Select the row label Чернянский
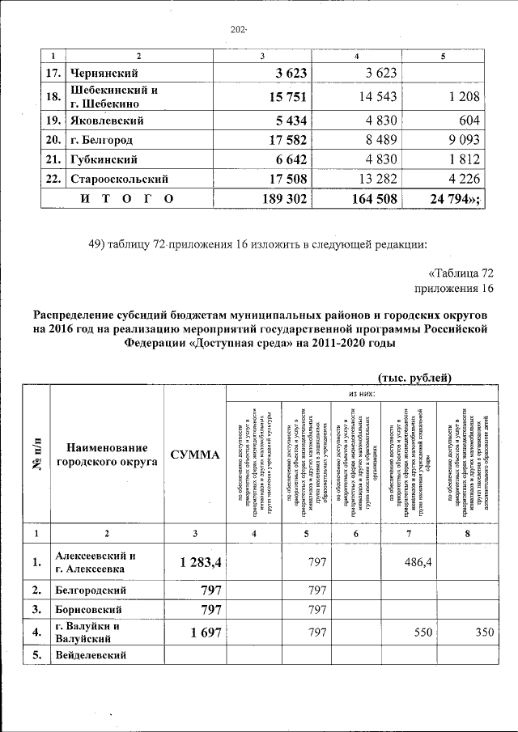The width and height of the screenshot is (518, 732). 102,74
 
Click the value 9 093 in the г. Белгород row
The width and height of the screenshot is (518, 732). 459,140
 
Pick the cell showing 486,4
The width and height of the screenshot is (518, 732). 417,562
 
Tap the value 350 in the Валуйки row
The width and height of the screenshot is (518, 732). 482,633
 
